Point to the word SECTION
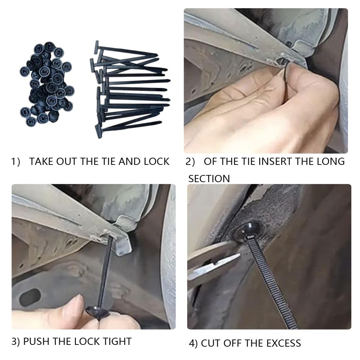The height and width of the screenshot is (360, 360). (209, 179)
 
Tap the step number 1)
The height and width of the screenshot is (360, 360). (16, 162)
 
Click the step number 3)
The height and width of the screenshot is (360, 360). (16, 341)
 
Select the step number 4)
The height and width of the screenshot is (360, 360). (193, 343)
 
